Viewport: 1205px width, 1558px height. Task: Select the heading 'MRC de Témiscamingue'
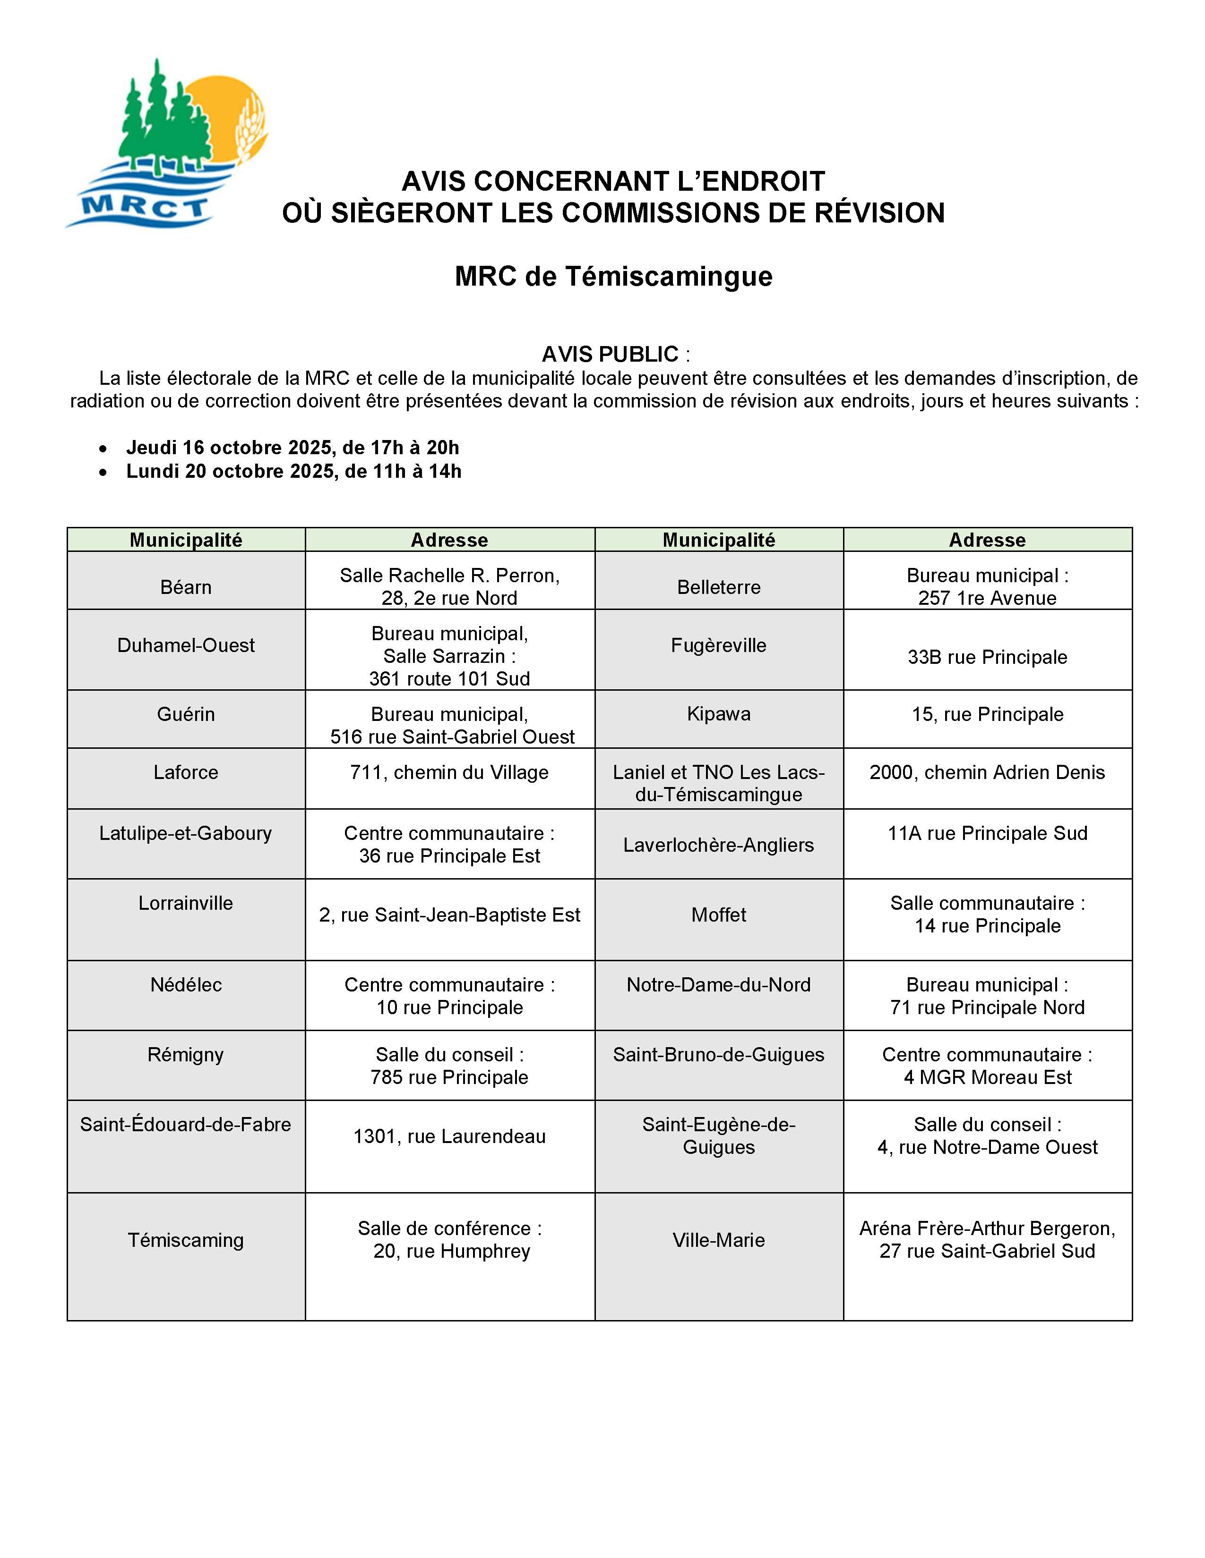click(613, 276)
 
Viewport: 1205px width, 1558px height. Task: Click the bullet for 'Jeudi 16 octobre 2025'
click(104, 449)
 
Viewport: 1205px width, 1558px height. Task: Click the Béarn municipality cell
click(186, 587)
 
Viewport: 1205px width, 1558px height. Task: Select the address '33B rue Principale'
click(987, 657)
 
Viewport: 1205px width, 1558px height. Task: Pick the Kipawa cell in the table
click(718, 714)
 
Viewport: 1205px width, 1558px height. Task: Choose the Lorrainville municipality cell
click(186, 903)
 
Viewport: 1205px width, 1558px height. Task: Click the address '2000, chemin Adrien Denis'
click(987, 772)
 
